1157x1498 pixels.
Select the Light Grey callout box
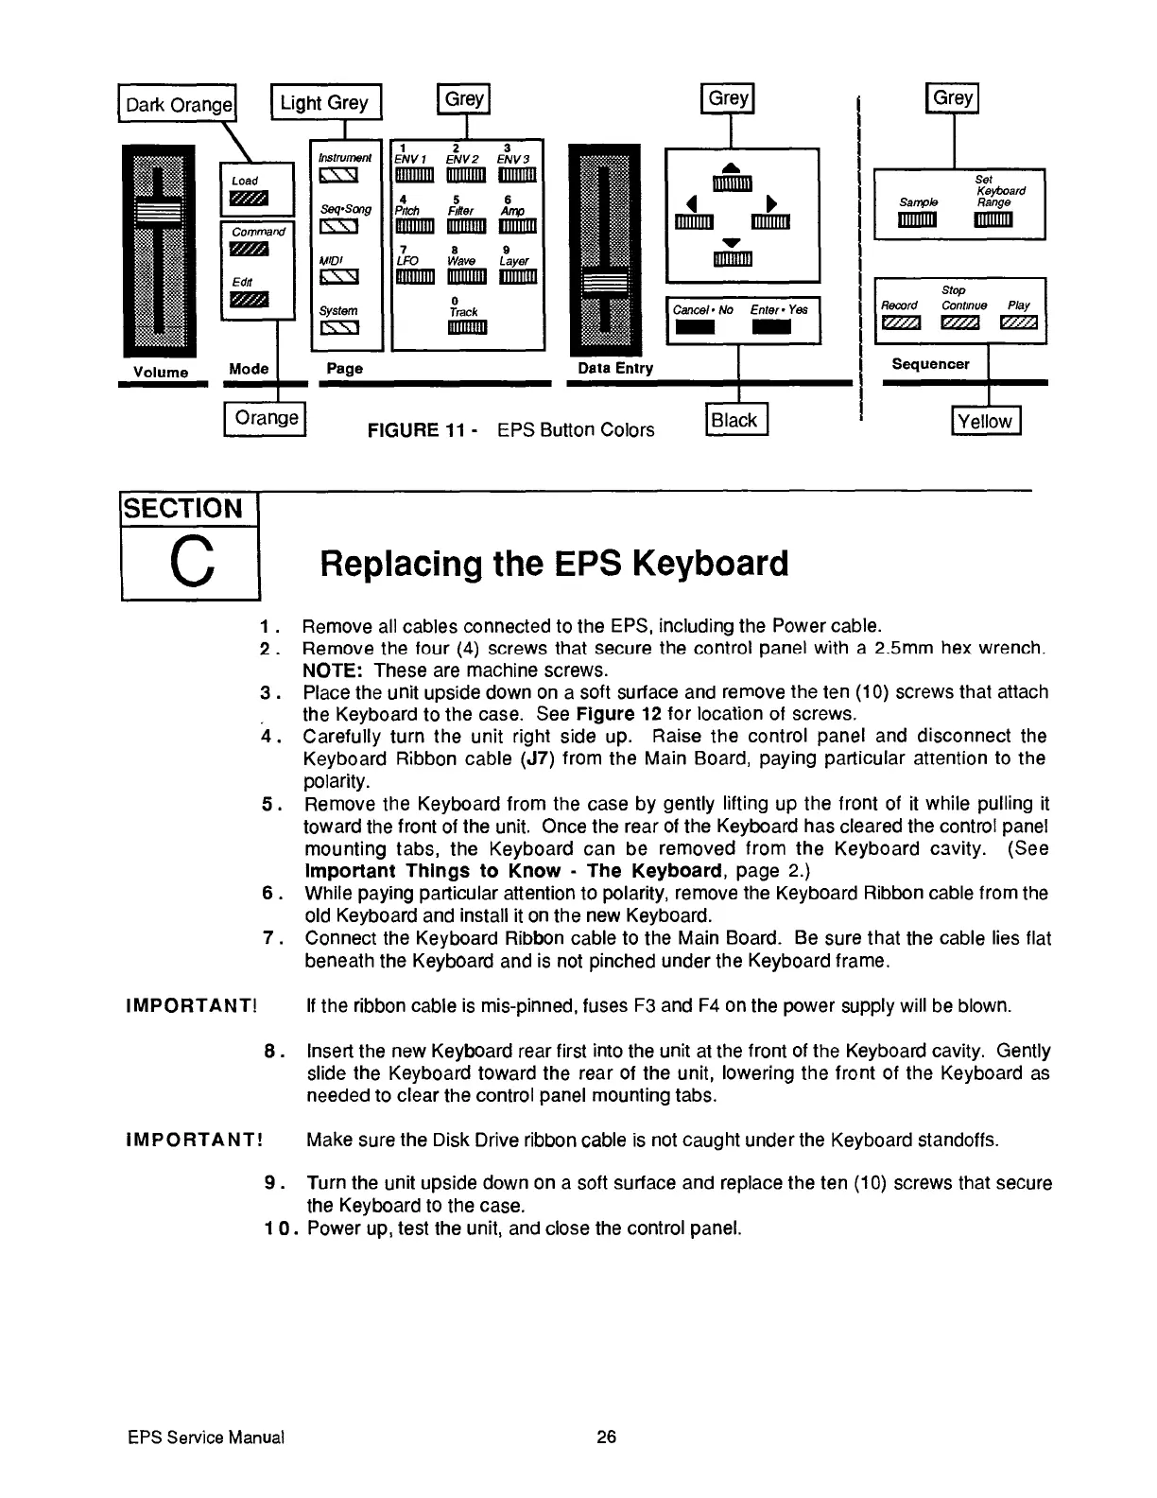coord(324,102)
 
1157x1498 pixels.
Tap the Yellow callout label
coord(985,421)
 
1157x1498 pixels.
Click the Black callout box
coord(737,421)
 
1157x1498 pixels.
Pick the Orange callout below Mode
coord(267,418)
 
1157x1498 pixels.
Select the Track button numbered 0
coord(464,328)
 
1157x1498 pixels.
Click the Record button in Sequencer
coord(898,324)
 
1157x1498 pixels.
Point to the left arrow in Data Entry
coord(692,201)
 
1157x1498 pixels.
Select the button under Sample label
coord(917,220)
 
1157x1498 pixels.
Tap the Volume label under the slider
coord(160,372)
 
